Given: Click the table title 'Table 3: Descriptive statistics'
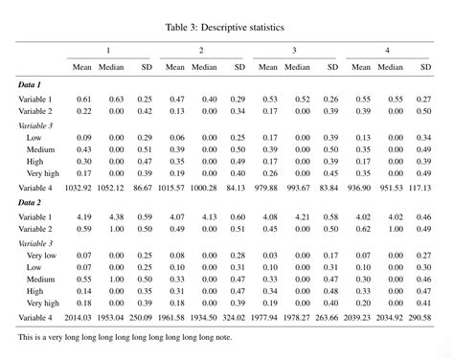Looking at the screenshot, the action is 226,27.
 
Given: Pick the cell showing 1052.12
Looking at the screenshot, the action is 109,188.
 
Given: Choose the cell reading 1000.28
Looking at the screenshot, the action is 202,188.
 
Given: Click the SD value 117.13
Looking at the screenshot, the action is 420,188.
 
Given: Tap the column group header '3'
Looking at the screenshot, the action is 293,49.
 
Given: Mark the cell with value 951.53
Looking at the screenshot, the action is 390,188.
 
